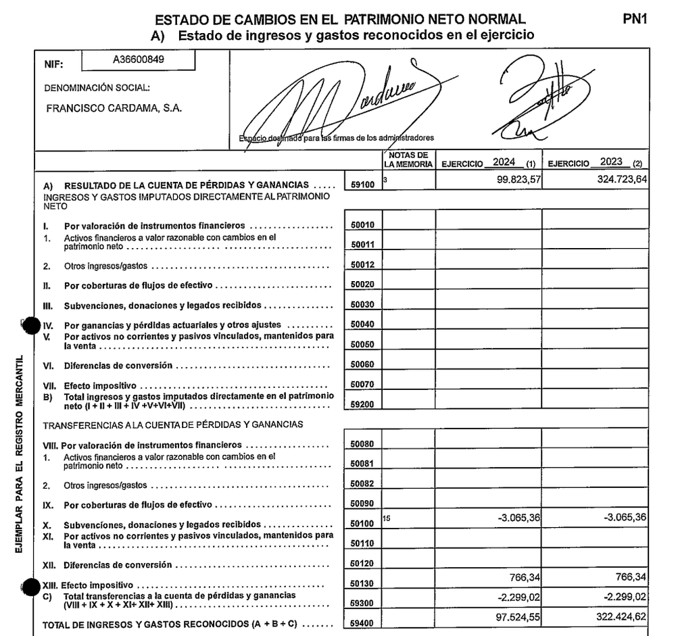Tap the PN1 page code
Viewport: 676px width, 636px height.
tap(635, 20)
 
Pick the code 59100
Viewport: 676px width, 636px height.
tap(363, 184)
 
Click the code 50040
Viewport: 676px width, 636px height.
tap(363, 324)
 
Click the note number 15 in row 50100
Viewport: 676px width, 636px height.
tap(386, 518)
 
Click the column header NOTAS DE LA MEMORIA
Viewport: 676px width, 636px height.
tap(408, 160)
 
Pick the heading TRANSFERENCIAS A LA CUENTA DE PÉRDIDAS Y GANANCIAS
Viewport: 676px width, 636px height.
tap(173, 424)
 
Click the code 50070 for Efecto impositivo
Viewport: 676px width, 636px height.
tap(363, 385)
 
